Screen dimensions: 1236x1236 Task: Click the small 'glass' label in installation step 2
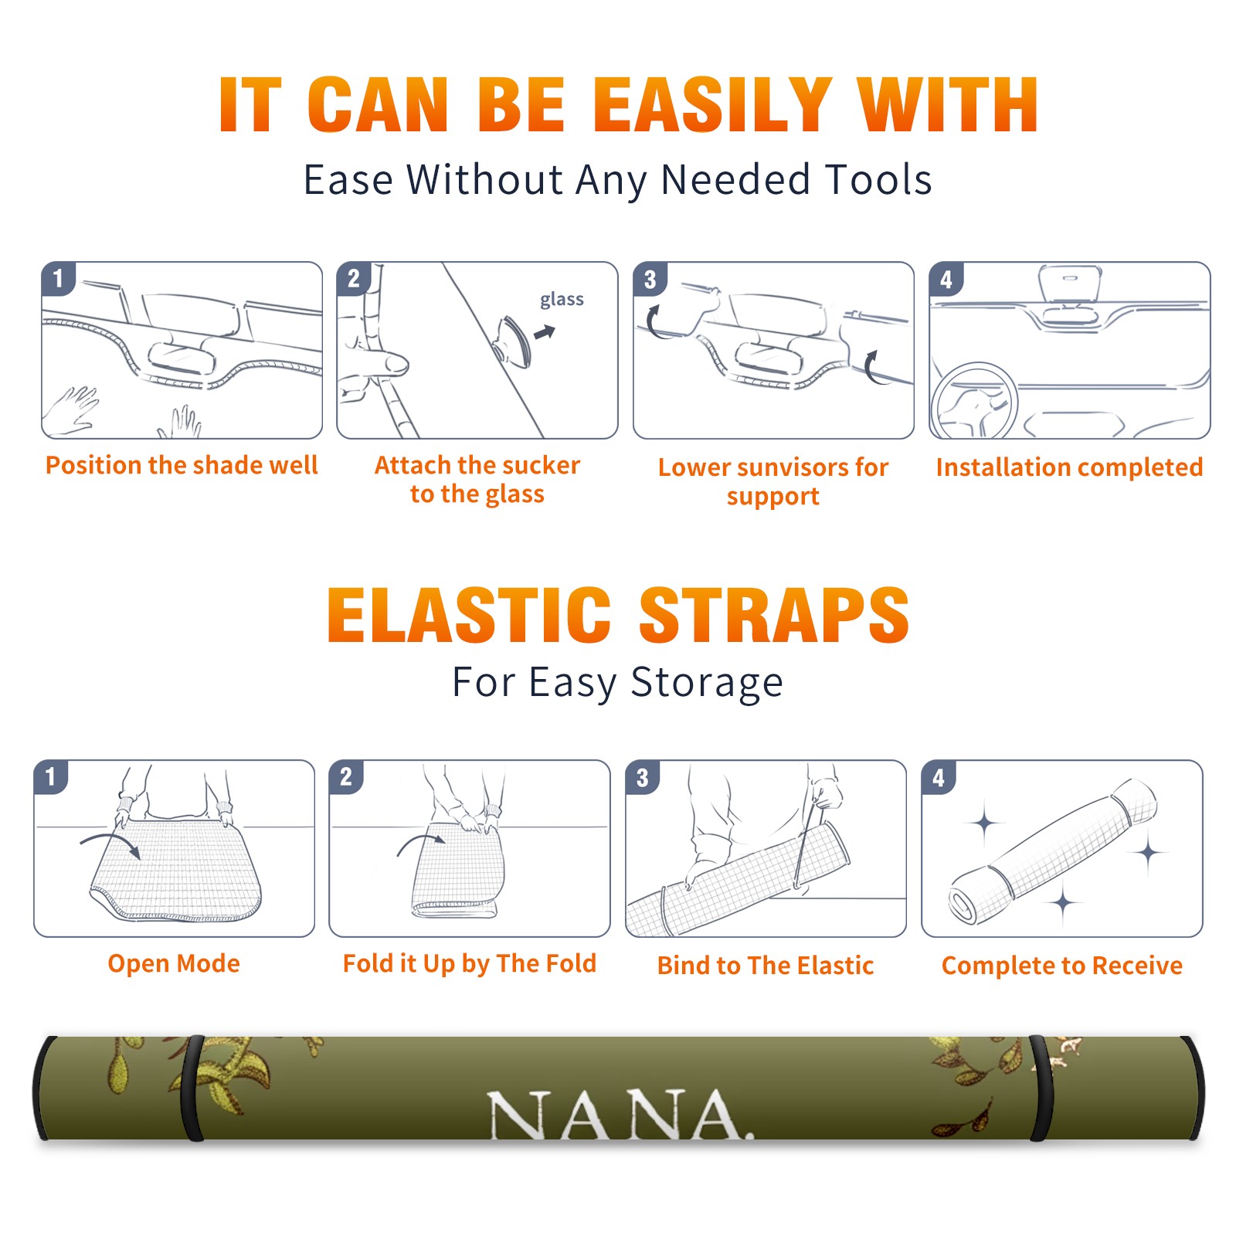[x=562, y=300]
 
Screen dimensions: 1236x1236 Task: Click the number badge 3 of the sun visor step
[x=650, y=279]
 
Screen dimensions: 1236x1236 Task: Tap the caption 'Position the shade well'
[x=182, y=465]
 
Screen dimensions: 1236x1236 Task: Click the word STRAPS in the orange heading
[x=774, y=615]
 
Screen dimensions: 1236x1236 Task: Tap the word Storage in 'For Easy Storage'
[x=707, y=683]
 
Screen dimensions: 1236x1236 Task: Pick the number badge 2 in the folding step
[x=346, y=776]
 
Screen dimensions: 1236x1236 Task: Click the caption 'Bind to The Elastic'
[x=766, y=966]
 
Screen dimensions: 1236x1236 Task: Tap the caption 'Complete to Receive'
[x=1062, y=966]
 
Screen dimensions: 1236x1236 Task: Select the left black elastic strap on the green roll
[x=193, y=1088]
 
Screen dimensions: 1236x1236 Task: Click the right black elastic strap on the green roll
[x=1041, y=1088]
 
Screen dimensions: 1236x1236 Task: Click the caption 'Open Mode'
[x=174, y=963]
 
